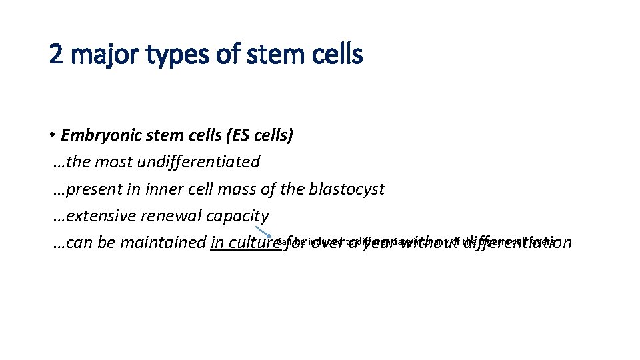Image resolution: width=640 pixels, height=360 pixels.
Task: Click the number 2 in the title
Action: [x=57, y=55]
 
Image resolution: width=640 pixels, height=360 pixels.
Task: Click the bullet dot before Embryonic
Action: [x=51, y=136]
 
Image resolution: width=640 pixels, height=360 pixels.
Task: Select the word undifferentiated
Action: [x=202, y=162]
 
